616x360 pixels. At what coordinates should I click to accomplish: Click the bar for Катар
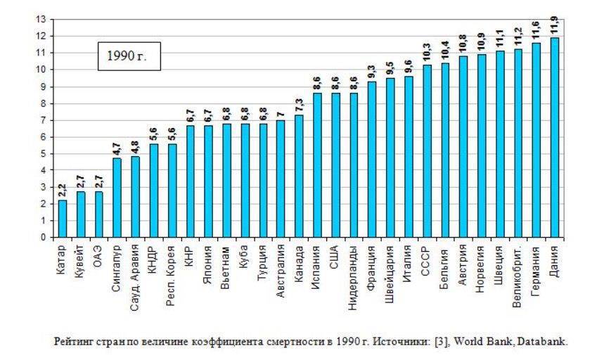(x=63, y=219)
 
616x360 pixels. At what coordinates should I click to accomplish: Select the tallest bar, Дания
(x=555, y=138)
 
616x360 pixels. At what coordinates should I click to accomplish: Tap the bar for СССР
(x=428, y=151)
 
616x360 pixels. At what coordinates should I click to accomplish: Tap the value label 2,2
(x=63, y=190)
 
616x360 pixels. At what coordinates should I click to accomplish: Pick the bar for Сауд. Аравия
(x=136, y=197)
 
